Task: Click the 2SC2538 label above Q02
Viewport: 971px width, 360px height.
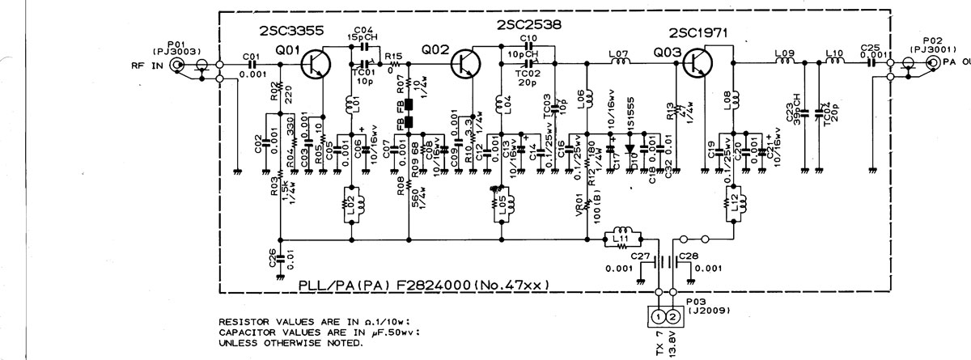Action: (530, 25)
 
